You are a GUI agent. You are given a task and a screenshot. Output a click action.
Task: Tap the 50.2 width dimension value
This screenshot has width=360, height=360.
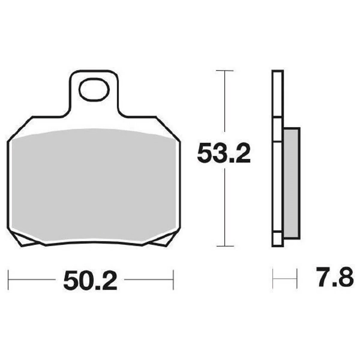(x=90, y=281)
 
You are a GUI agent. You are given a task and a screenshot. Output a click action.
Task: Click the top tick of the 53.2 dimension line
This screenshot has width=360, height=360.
(x=225, y=71)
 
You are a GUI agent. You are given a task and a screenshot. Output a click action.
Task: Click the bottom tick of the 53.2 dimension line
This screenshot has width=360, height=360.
(x=225, y=246)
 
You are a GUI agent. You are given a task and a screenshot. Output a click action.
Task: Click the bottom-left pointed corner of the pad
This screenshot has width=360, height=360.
(x=20, y=246)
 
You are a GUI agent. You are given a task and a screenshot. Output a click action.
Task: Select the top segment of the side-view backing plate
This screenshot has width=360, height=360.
(x=277, y=94)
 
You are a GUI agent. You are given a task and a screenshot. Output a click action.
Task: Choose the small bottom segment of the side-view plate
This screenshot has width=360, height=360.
(x=277, y=239)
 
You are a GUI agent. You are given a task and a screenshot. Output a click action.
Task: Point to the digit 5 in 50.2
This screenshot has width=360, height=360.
(x=70, y=281)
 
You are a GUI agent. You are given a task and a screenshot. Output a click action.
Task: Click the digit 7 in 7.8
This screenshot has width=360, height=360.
(x=321, y=279)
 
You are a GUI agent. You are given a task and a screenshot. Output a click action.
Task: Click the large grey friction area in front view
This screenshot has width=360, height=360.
(x=94, y=183)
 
